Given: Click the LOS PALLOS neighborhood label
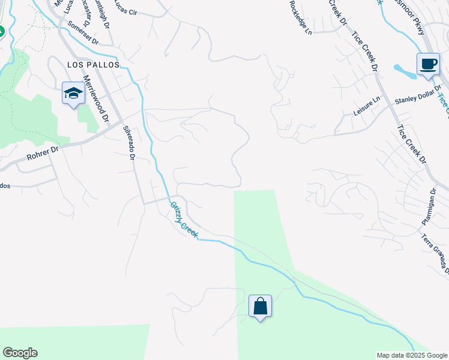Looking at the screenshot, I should point(93,64).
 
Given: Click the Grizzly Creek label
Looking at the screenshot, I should point(184,218).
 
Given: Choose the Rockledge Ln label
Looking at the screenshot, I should point(300,8).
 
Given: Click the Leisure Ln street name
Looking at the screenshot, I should point(367,108).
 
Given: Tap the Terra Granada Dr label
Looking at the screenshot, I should point(434,252).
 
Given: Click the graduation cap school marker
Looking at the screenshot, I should point(73,93).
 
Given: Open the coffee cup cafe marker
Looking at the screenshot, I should point(428,64).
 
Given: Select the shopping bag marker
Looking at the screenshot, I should point(260,306).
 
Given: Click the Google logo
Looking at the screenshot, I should point(20,353).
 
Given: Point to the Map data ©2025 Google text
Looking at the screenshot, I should point(411,355).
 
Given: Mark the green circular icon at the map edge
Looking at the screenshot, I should point(1,31).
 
